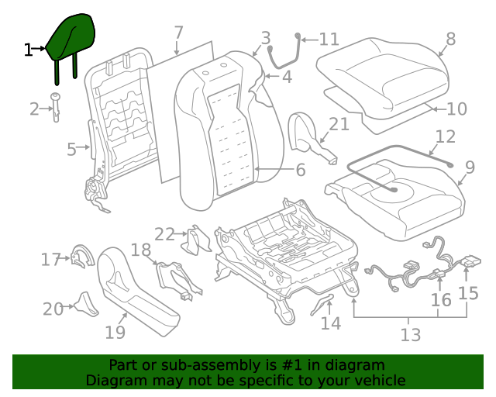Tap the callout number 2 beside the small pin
(34, 109)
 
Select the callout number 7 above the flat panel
(178, 33)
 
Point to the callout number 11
(329, 40)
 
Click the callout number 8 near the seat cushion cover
(450, 39)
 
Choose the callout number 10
(456, 109)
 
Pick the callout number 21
(339, 125)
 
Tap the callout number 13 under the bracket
(410, 335)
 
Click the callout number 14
(331, 323)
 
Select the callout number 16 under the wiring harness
(440, 299)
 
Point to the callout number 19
(115, 333)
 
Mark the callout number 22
(164, 234)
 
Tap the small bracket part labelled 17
(80, 255)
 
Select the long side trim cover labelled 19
(136, 291)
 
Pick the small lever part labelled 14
(321, 304)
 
